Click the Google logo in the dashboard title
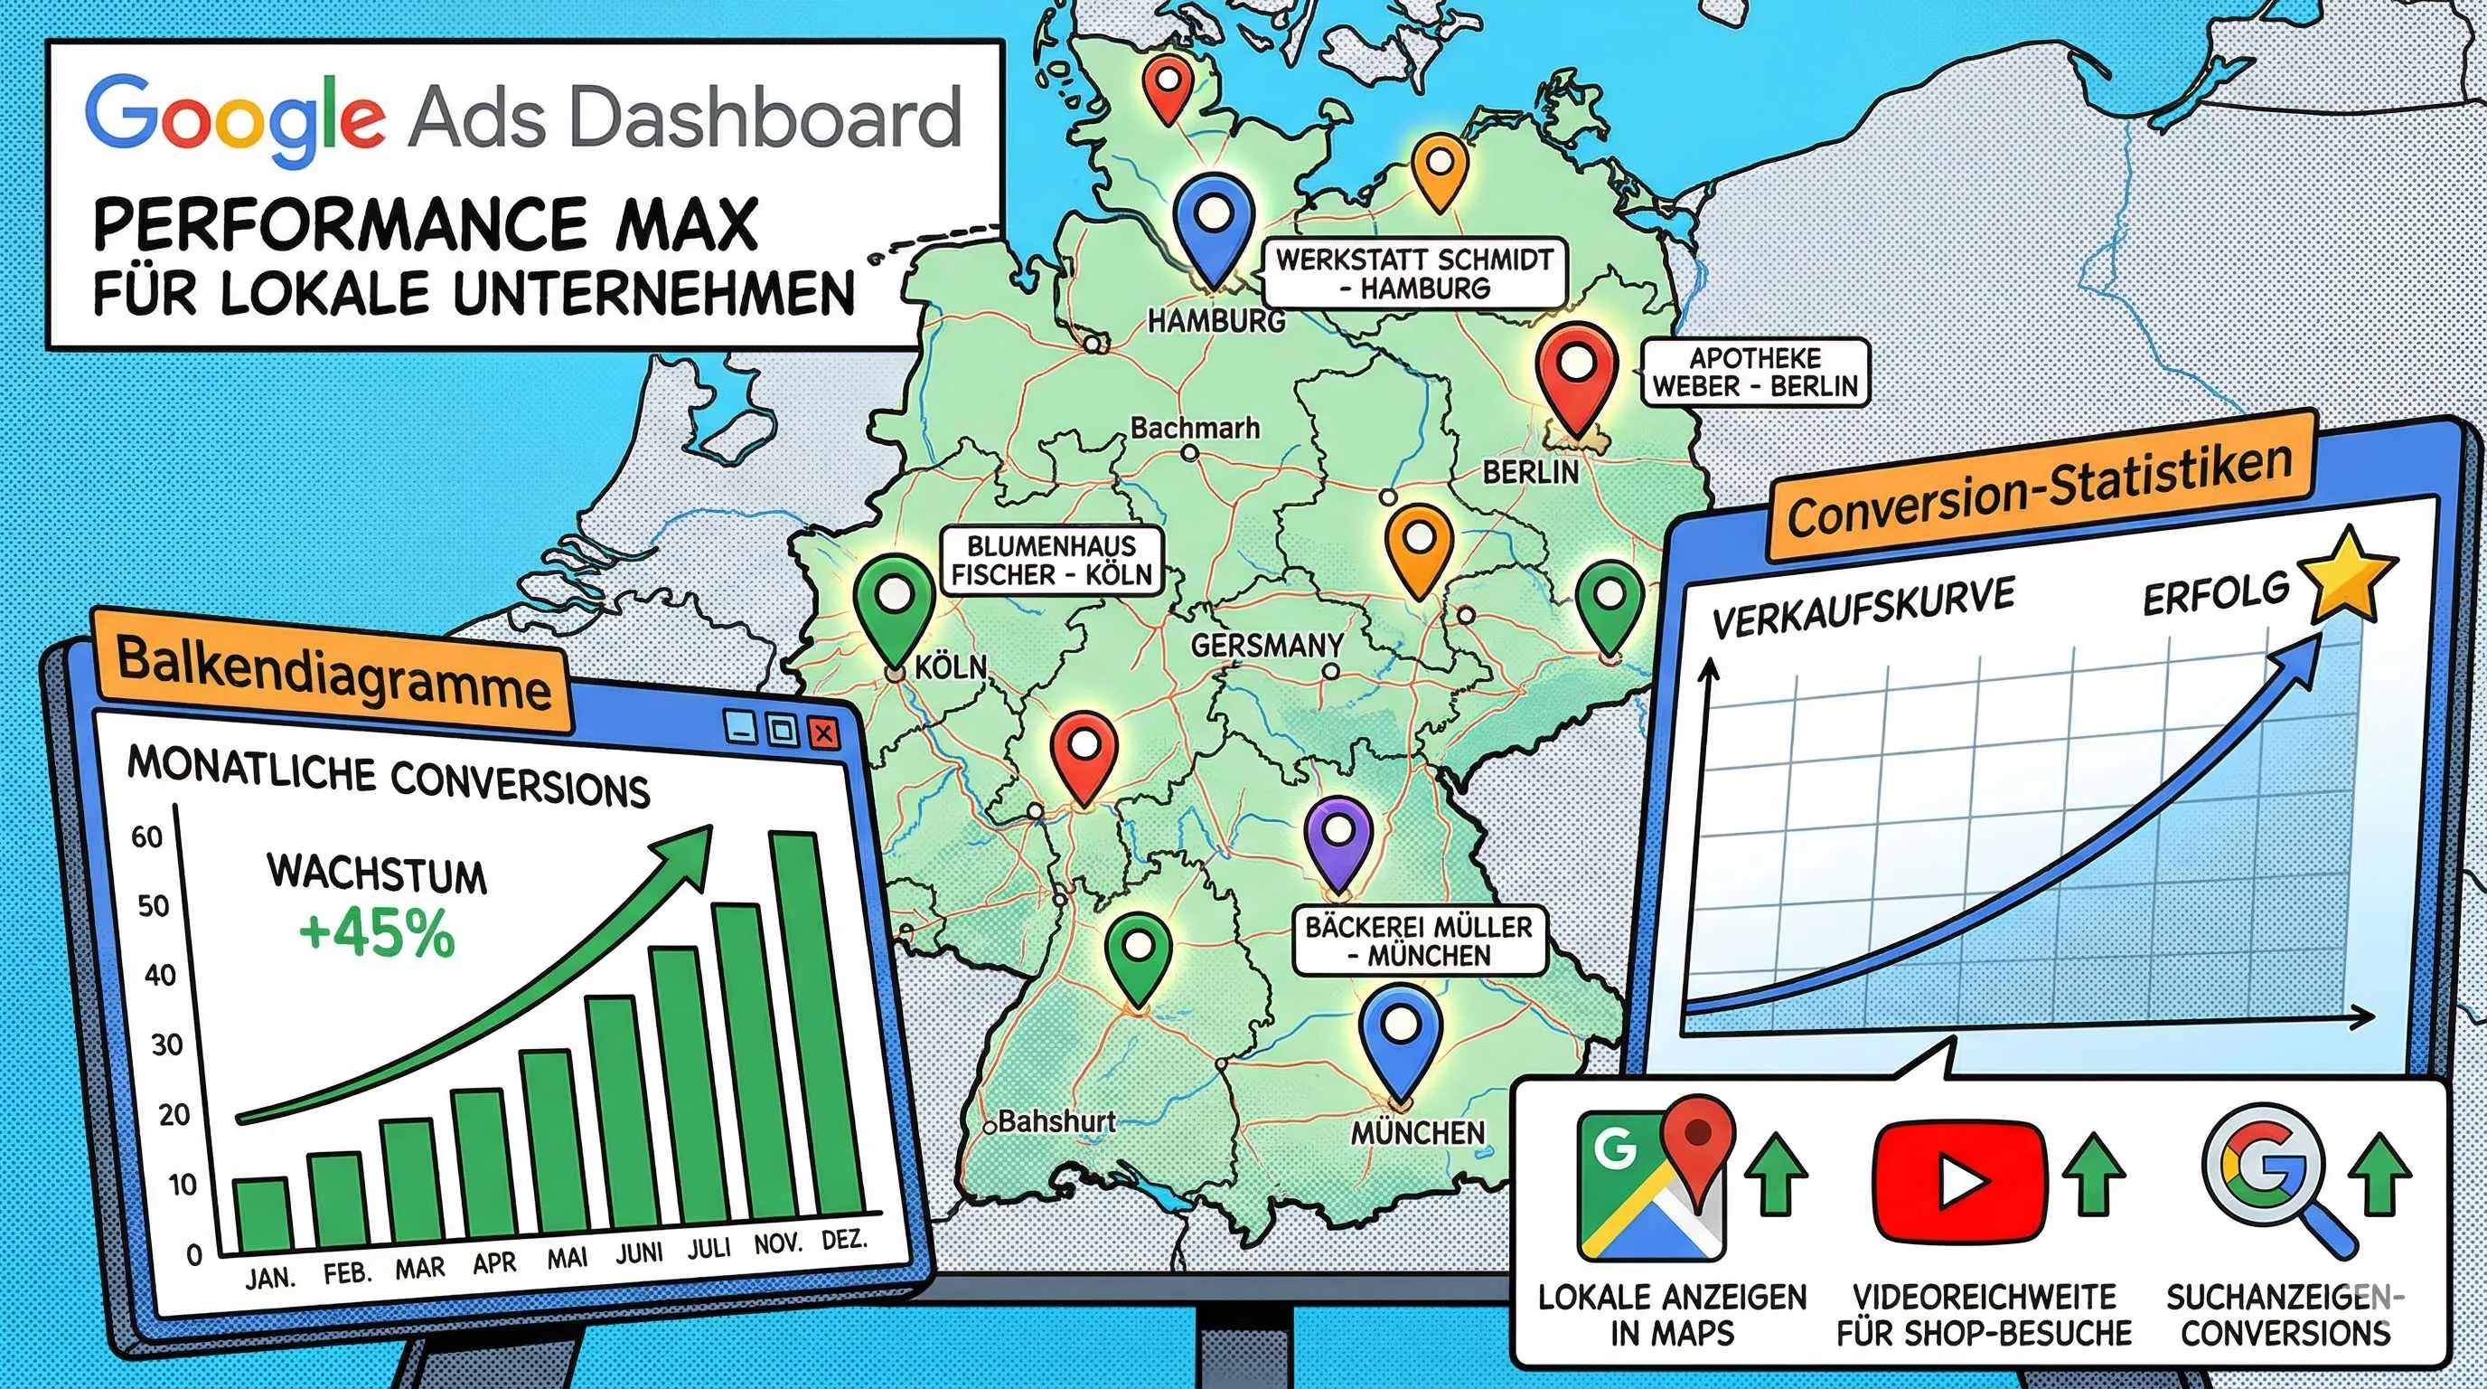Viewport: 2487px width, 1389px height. click(x=235, y=119)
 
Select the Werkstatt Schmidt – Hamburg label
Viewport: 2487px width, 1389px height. click(x=1414, y=273)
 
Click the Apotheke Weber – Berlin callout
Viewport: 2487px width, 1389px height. click(x=1754, y=372)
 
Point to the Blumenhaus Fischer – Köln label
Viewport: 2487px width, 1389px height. click(x=1050, y=561)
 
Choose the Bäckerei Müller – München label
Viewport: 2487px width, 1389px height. click(x=1418, y=940)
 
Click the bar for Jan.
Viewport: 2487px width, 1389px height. click(x=263, y=1214)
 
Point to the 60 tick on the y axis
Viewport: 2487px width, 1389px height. click(x=146, y=836)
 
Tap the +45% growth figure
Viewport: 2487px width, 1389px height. click(x=377, y=934)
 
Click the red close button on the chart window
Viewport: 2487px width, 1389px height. click(x=823, y=734)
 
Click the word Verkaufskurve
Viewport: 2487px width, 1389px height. click(x=1863, y=607)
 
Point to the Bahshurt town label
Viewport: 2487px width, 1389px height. click(x=1056, y=1121)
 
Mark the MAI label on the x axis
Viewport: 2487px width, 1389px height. click(x=567, y=1259)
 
